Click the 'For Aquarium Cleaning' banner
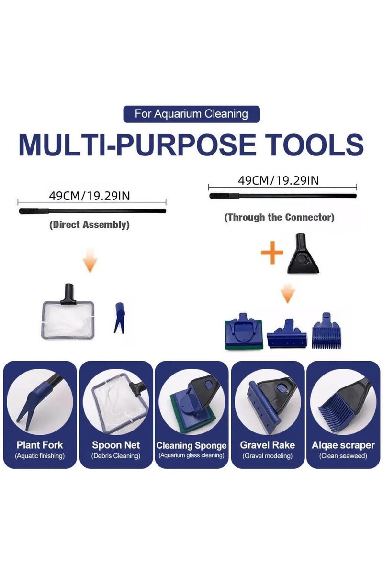pos(191,114)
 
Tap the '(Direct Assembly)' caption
pos(89,225)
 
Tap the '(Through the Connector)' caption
pos(280,217)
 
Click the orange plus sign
pos(272,253)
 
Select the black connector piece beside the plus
pos(303,253)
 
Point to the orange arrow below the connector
pos(288,293)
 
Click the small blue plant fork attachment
pos(119,318)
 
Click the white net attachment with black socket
pos(68,312)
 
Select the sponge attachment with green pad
pos(244,331)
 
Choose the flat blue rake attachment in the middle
pos(287,334)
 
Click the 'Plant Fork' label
pos(40,445)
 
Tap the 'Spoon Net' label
pos(116,445)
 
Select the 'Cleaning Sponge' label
pos(191,446)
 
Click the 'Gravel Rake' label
pos(267,445)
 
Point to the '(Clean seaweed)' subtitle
pos(343,456)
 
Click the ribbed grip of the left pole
pos(34,211)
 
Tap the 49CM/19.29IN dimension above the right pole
pos(278,181)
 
